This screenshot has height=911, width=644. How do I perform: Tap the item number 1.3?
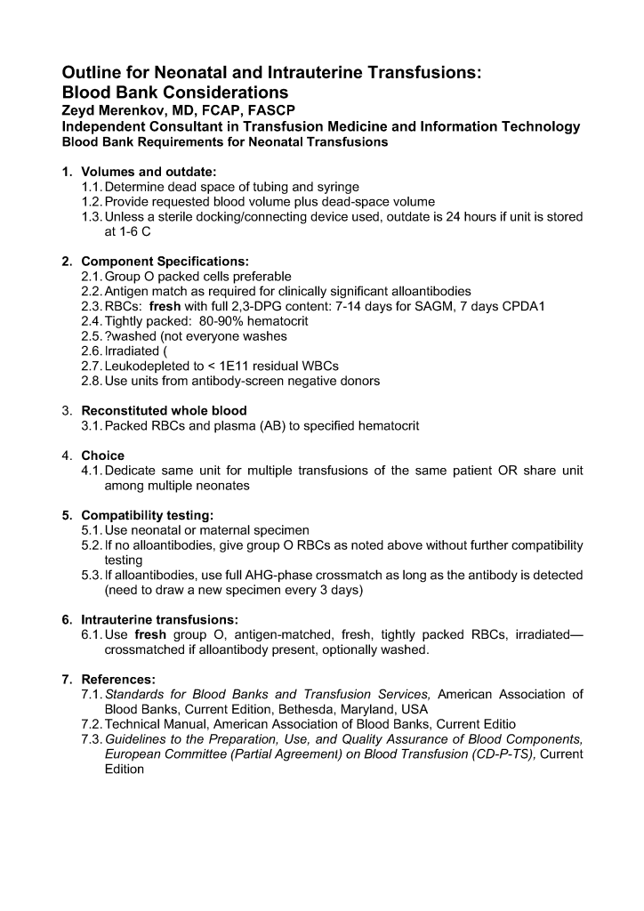pyautogui.click(x=92, y=217)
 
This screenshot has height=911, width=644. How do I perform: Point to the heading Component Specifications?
pyautogui.click(x=165, y=262)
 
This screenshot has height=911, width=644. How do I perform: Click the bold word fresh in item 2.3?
pyautogui.click(x=165, y=307)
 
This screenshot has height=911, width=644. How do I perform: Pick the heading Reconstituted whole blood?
pyautogui.click(x=164, y=411)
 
